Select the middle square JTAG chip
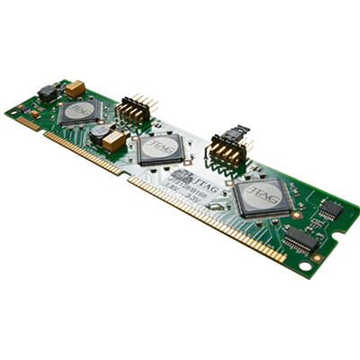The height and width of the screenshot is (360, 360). [x=160, y=148]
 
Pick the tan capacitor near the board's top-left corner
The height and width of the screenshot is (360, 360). [x=75, y=88]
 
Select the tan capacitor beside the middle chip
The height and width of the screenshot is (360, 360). [x=114, y=140]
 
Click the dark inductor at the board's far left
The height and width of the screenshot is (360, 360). [x=47, y=93]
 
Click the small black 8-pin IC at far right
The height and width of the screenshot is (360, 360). [x=330, y=210]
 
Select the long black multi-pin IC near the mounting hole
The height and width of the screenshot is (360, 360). [x=301, y=238]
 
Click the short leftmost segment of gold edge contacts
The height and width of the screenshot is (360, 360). [x=28, y=123]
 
